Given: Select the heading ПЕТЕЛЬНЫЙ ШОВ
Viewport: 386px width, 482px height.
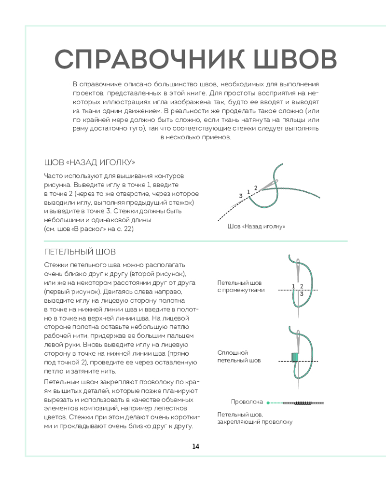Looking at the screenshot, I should (80, 252).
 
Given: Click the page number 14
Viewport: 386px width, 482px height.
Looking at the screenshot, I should (195, 446).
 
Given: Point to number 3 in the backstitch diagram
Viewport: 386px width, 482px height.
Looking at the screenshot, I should (240, 195).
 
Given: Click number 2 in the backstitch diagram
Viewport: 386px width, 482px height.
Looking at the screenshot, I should (256, 188).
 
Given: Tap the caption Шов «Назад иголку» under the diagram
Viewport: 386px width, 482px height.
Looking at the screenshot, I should (256, 227).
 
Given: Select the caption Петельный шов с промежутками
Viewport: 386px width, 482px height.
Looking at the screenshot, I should (241, 286).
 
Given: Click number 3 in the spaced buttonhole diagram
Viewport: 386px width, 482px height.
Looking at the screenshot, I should (302, 294).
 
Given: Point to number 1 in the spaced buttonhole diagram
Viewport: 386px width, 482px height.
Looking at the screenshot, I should (293, 286).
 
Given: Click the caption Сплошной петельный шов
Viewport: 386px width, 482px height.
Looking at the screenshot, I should (239, 356).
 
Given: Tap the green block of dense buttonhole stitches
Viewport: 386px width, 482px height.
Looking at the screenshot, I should (294, 357).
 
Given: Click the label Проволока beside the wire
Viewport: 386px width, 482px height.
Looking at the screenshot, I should (247, 402).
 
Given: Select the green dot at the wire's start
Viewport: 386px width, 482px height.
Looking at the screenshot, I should (268, 402).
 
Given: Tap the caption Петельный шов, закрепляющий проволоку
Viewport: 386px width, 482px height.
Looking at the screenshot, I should (255, 418).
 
